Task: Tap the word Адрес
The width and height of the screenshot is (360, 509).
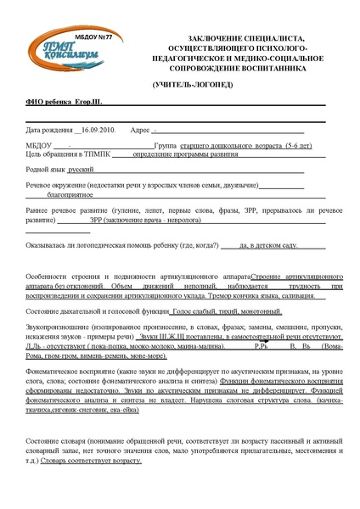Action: point(138,131)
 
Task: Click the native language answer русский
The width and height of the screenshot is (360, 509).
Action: point(82,170)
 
